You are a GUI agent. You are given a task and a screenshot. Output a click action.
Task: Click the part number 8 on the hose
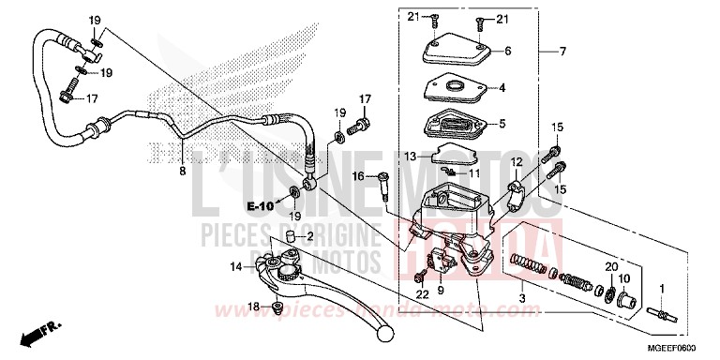[183, 172]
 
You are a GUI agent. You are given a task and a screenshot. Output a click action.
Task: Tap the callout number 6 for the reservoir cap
[507, 52]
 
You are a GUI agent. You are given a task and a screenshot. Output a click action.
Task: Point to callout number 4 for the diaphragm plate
[502, 89]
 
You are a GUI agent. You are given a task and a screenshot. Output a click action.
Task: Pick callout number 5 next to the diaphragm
[502, 123]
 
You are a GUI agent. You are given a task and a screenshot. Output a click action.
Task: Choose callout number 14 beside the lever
[237, 267]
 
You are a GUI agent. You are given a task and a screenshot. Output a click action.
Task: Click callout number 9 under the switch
[440, 292]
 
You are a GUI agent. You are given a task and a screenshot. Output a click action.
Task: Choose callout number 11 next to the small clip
[474, 173]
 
